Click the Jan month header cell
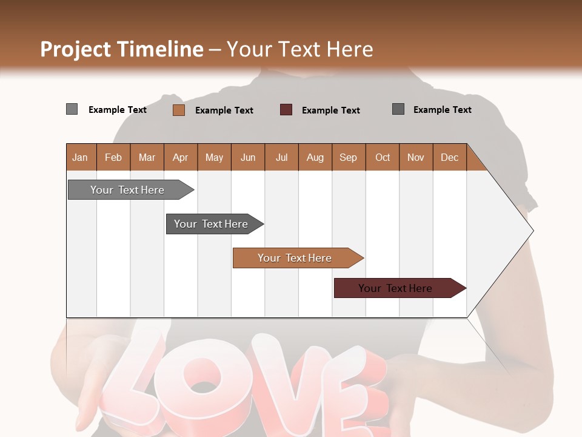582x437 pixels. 81,157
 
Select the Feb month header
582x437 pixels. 113,157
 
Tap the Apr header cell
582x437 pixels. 181,157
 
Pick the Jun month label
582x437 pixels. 248,157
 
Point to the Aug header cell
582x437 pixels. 315,157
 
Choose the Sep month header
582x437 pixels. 349,157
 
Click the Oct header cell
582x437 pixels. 383,157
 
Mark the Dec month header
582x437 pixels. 450,157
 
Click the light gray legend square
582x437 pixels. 72,109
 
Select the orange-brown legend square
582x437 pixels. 179,110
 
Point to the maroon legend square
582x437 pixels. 286,110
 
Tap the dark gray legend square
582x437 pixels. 398,109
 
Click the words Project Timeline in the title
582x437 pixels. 122,49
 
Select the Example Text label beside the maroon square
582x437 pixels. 330,110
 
